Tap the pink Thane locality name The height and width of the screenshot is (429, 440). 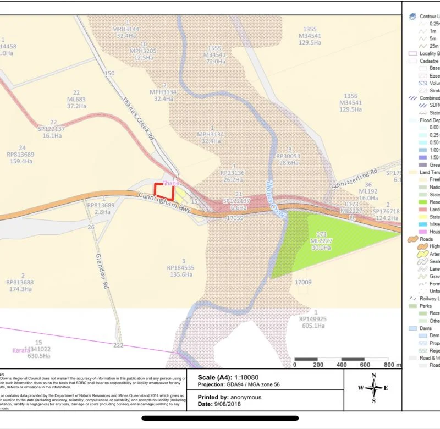171,183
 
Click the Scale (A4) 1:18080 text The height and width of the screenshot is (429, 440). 233,377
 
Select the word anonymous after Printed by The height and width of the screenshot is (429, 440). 246,397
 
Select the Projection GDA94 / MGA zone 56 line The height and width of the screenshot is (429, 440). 239,384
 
